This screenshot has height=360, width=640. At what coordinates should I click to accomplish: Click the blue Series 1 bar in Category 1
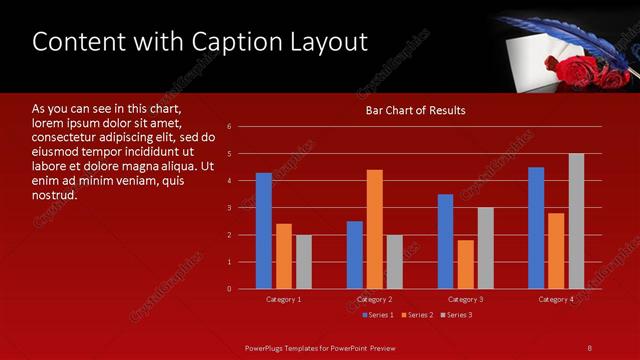click(x=264, y=231)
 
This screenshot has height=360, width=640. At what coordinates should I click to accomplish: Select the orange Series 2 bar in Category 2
click(x=375, y=229)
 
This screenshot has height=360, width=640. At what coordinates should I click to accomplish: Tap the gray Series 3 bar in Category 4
click(x=576, y=221)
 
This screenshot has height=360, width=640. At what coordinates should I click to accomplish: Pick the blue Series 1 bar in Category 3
click(x=445, y=241)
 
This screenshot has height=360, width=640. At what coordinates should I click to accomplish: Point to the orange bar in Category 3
click(x=465, y=264)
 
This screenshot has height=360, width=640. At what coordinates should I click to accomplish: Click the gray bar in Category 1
click(x=304, y=262)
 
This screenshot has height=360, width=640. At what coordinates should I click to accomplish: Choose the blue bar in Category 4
click(x=536, y=228)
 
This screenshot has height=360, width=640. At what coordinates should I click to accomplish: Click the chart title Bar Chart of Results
click(x=414, y=110)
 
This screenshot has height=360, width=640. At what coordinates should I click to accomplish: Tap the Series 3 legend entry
click(x=456, y=315)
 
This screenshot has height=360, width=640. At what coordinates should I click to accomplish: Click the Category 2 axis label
click(x=374, y=300)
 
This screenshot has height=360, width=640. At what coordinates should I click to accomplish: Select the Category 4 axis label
click(x=556, y=300)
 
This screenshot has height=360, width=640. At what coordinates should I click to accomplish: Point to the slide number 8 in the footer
click(x=589, y=347)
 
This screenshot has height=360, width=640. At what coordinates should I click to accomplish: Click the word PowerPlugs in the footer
click(x=267, y=347)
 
